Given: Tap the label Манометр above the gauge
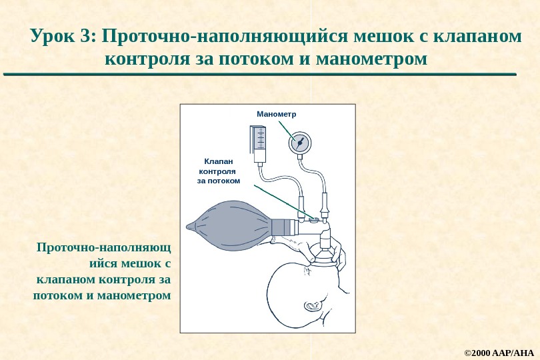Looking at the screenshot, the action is [276, 114].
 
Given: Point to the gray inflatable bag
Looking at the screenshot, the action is [230, 225].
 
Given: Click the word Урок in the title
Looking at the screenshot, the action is [53, 35].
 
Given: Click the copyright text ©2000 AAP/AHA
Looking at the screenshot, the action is [499, 351].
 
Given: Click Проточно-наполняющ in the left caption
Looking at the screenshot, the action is [103, 248].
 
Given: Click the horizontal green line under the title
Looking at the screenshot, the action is [260, 74].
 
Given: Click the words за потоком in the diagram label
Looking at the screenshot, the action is [218, 181].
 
